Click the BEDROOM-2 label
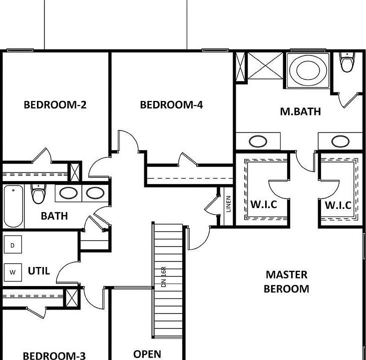(55, 105)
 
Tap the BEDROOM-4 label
(171, 105)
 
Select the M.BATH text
(300, 111)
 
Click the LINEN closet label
(228, 204)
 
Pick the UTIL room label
(38, 271)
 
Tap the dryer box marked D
(13, 245)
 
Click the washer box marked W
(13, 272)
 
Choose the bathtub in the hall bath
(13, 206)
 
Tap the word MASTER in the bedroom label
(286, 274)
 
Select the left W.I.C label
(263, 205)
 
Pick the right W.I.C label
(338, 205)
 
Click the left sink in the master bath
(258, 141)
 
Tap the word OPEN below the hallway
(147, 354)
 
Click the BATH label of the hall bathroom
(54, 216)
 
